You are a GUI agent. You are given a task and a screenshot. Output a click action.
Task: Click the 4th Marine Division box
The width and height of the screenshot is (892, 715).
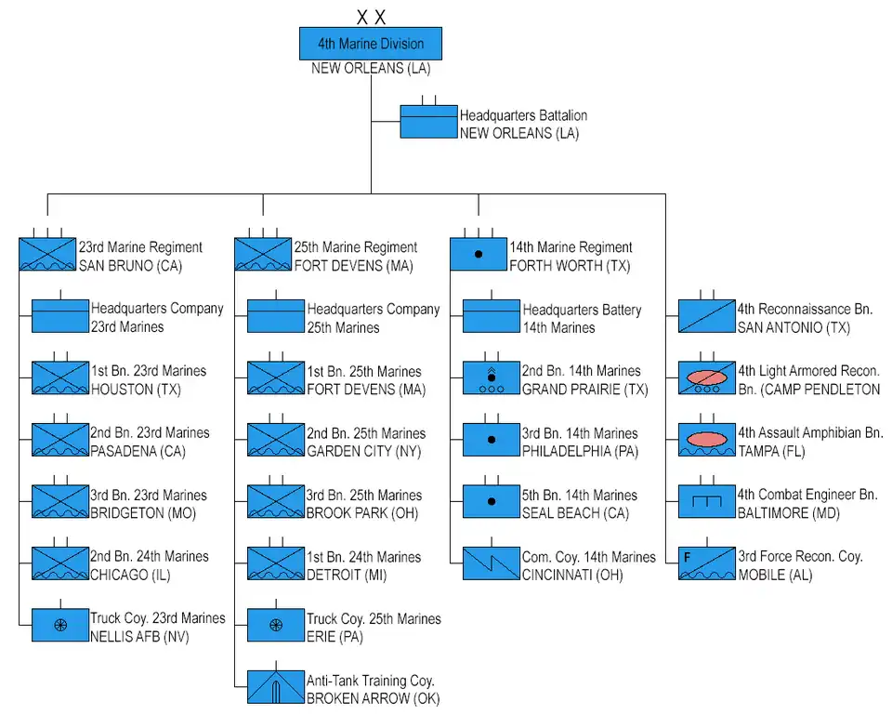tap(370, 44)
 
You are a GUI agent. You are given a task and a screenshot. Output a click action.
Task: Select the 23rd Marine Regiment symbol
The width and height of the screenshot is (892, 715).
tap(47, 255)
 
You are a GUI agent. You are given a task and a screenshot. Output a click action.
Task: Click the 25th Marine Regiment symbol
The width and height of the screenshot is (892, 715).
tap(263, 255)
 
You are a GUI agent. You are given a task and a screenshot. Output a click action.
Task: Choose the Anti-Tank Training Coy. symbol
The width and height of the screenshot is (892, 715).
tap(276, 687)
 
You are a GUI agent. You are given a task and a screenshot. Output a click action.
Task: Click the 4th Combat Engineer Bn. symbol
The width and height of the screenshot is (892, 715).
tap(707, 502)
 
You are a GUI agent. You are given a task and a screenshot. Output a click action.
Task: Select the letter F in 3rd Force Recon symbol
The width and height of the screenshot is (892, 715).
tap(688, 558)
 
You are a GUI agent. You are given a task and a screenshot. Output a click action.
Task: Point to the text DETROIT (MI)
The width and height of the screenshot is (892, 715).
tap(347, 575)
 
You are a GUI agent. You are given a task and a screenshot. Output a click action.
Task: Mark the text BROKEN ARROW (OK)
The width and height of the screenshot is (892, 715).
tap(374, 698)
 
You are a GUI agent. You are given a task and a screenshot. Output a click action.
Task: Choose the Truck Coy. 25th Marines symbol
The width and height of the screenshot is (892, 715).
tap(276, 625)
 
